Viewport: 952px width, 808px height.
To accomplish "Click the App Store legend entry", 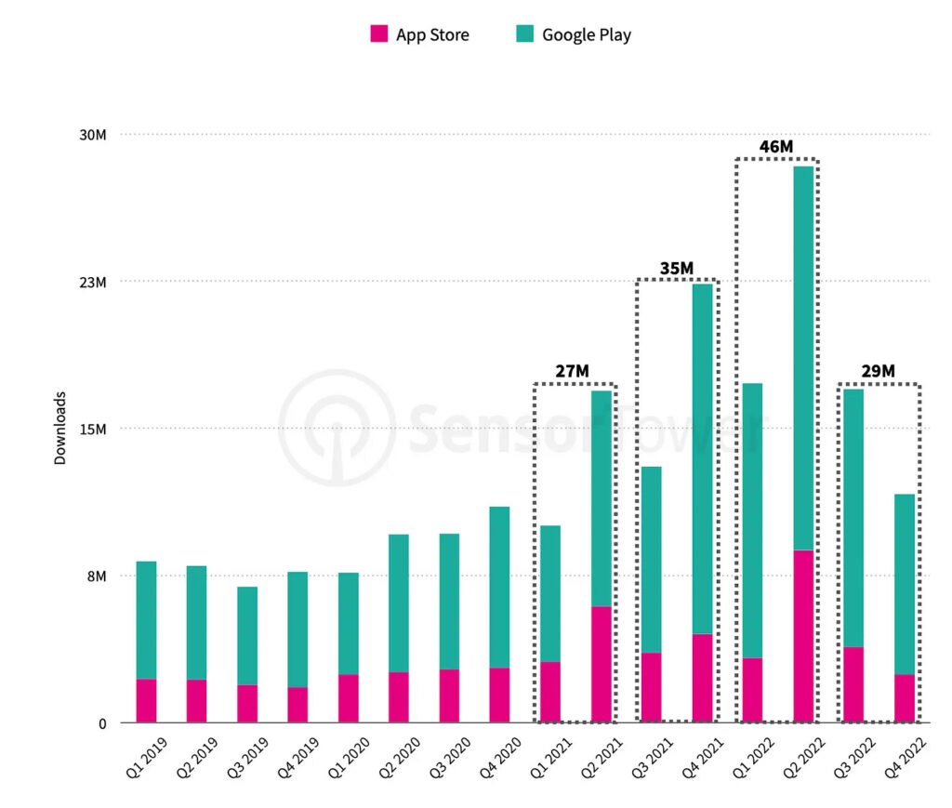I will pyautogui.click(x=420, y=35).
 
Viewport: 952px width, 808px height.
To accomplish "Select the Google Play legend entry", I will pyautogui.click(x=574, y=35).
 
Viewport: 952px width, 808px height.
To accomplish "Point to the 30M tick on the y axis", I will pyautogui.click(x=93, y=135).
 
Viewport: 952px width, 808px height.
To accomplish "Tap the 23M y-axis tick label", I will pyautogui.click(x=93, y=282).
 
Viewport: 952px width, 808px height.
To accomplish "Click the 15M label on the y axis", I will pyautogui.click(x=93, y=429).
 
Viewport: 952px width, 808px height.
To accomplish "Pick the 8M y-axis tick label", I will pyautogui.click(x=97, y=576).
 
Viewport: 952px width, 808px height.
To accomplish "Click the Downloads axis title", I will pyautogui.click(x=59, y=428).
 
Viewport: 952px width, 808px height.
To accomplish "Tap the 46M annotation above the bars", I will pyautogui.click(x=775, y=147).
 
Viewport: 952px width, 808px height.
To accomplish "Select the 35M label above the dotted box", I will pyautogui.click(x=676, y=269).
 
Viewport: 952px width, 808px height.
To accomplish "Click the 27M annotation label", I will pyautogui.click(x=573, y=372).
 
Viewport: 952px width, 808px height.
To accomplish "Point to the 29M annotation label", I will pyautogui.click(x=878, y=372).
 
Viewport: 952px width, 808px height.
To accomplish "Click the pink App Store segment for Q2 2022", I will pyautogui.click(x=803, y=636).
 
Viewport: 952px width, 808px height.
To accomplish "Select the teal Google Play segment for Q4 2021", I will pyautogui.click(x=702, y=458).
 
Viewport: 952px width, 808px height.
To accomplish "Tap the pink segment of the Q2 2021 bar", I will pyautogui.click(x=602, y=664).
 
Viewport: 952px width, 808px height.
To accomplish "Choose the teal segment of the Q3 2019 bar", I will pyautogui.click(x=247, y=636).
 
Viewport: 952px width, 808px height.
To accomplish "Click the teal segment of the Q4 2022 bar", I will pyautogui.click(x=905, y=584).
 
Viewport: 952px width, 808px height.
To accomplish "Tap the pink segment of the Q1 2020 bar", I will pyautogui.click(x=349, y=698).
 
